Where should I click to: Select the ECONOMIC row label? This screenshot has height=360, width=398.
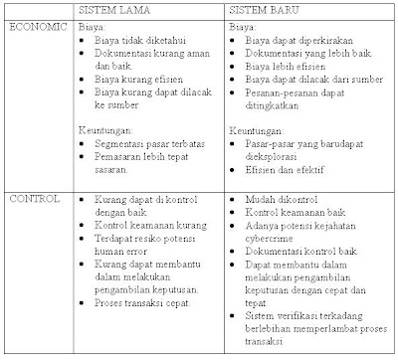tap(37, 28)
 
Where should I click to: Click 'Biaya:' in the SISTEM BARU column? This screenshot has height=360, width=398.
tap(242, 30)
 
